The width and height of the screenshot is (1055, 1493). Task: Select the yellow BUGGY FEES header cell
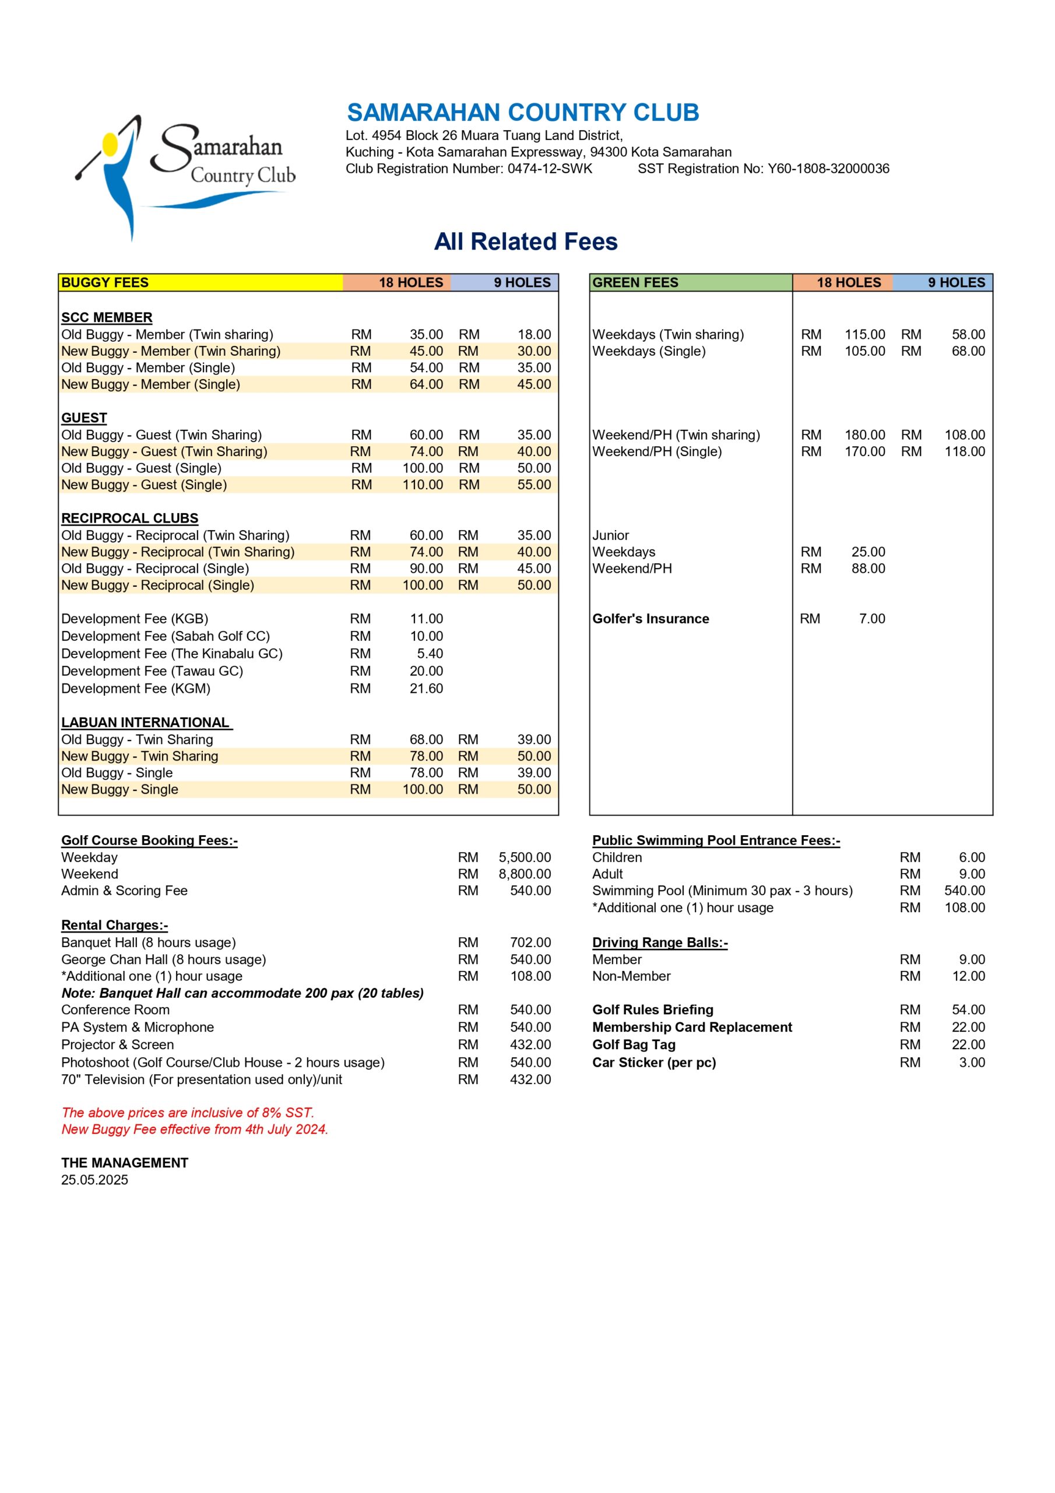[x=200, y=282]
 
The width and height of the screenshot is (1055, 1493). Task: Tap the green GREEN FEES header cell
[x=690, y=282]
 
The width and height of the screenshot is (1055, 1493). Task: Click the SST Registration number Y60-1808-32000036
[x=763, y=169]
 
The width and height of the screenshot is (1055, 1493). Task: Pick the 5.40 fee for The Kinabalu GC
[x=430, y=654]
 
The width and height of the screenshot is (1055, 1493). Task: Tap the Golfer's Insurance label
[x=650, y=618]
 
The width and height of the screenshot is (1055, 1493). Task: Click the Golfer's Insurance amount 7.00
[x=872, y=618]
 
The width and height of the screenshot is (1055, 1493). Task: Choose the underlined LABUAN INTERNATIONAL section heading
[x=146, y=723]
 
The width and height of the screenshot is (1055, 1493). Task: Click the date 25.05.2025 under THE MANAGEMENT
[x=95, y=1180]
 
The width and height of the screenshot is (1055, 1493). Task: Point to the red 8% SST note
[x=187, y=1113]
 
